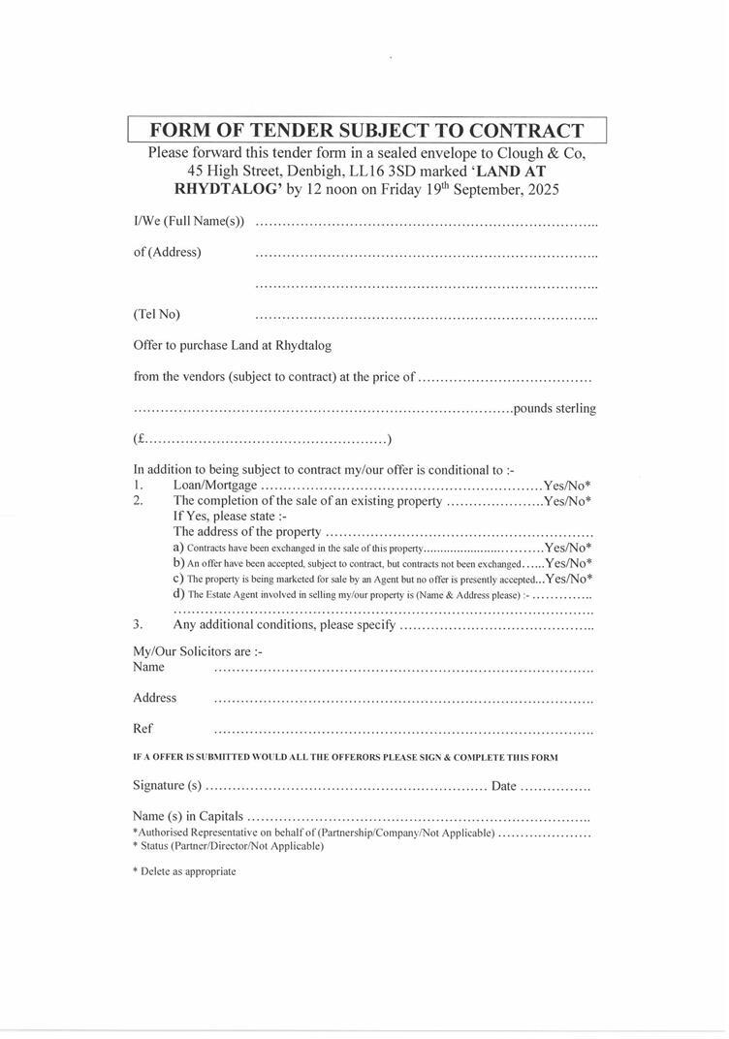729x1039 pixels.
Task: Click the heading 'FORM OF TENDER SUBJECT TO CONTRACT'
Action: (x=366, y=131)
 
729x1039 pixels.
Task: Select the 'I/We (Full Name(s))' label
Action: (x=189, y=221)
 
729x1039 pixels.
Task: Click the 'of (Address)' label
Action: (x=167, y=252)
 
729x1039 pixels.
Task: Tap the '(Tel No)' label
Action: (x=156, y=314)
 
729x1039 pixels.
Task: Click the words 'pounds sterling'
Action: (x=555, y=408)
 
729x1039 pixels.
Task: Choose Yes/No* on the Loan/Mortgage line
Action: (x=567, y=486)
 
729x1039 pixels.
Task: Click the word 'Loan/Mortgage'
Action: (x=215, y=486)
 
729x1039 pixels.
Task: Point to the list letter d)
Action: (x=178, y=594)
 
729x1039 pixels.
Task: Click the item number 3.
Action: (x=139, y=625)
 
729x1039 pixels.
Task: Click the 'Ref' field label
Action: (x=143, y=729)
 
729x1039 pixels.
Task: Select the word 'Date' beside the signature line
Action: (x=503, y=786)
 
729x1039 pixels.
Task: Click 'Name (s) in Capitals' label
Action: (x=188, y=817)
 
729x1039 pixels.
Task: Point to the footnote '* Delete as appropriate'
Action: (x=184, y=871)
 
